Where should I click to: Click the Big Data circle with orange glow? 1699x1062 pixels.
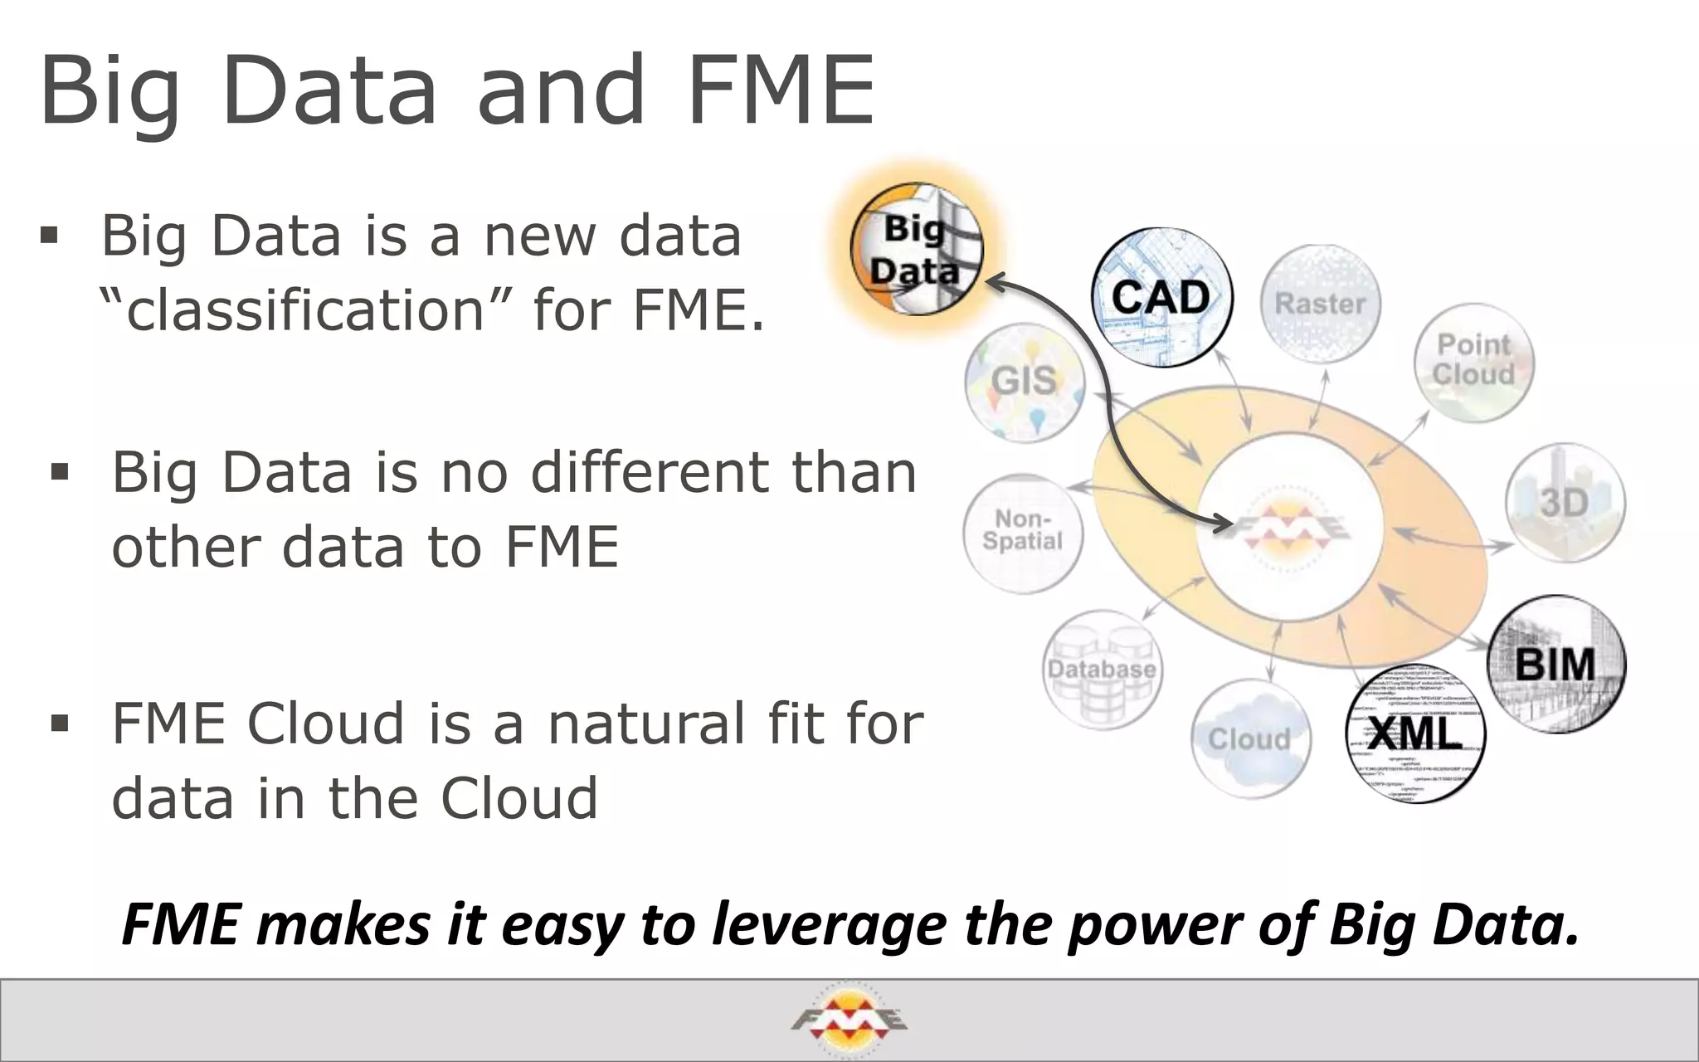[x=917, y=249]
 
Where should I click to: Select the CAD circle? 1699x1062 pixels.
[x=1161, y=298]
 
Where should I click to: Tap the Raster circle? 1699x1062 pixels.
[x=1320, y=304]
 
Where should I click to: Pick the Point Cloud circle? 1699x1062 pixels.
[x=1474, y=363]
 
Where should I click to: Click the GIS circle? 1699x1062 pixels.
[x=1025, y=382]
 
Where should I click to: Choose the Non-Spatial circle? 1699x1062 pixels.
[x=1023, y=531]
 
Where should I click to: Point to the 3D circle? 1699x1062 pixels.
[x=1565, y=503]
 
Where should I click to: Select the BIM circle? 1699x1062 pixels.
[x=1556, y=664]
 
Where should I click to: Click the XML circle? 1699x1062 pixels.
[x=1415, y=735]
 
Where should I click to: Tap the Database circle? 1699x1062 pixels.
[x=1102, y=669]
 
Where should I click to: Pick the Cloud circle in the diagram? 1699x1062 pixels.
[x=1250, y=738]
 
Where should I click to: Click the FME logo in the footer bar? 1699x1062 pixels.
[x=849, y=1020]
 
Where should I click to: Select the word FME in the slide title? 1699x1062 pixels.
[x=780, y=90]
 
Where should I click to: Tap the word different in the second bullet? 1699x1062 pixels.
[x=652, y=473]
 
